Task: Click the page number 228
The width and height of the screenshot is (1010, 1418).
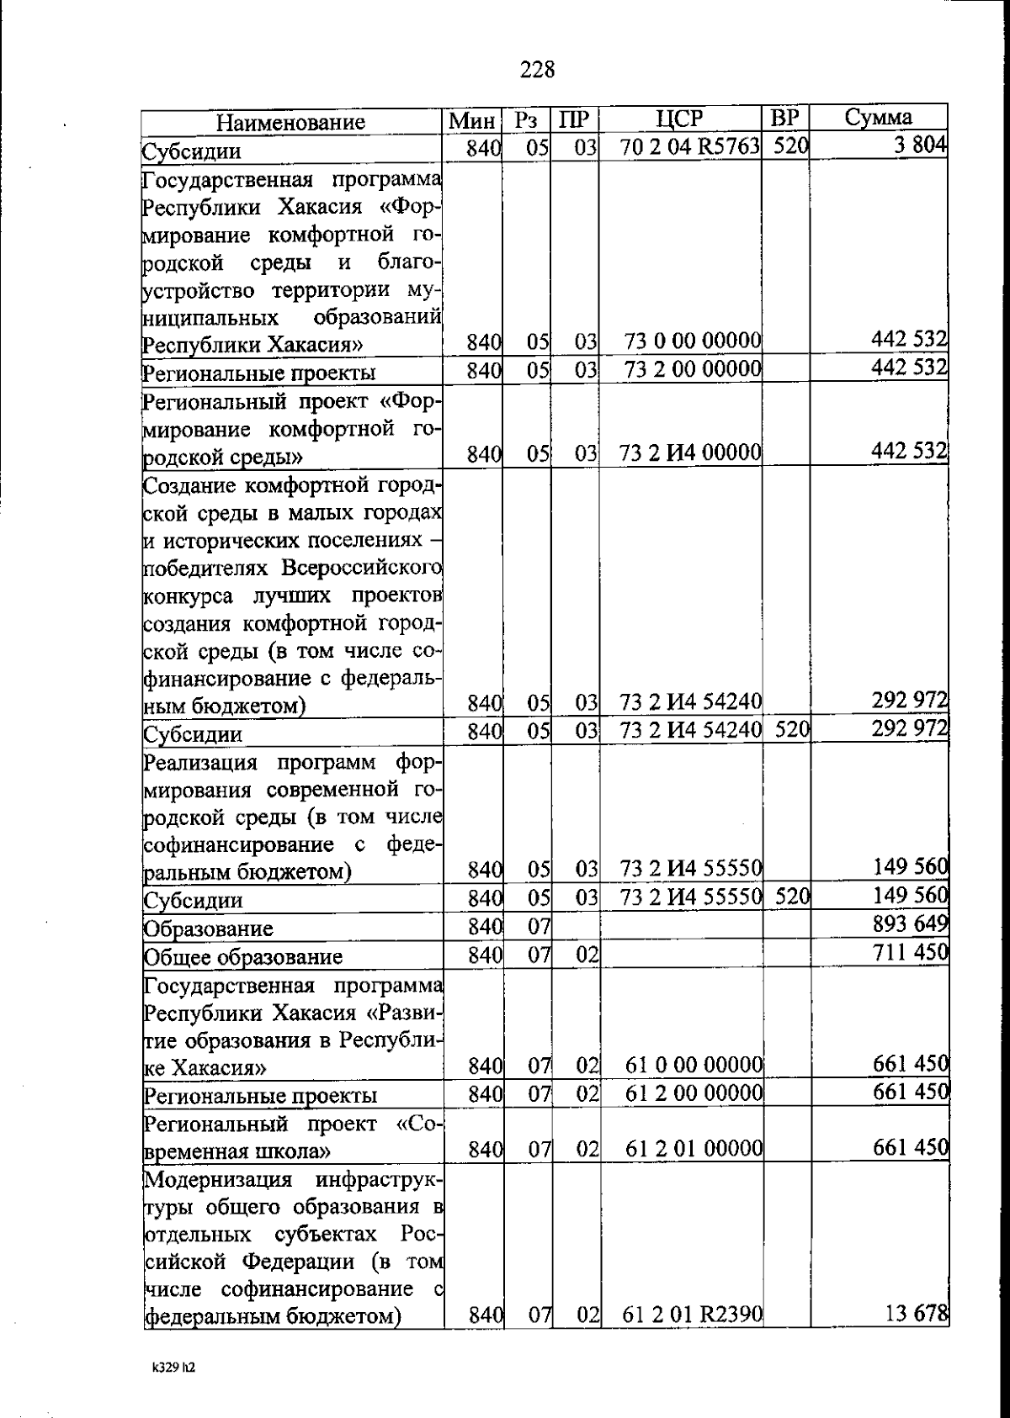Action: coord(538,69)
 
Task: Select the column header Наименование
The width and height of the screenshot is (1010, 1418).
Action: coord(290,123)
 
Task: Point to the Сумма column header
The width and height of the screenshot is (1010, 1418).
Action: coord(878,117)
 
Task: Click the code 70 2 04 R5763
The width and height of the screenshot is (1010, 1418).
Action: coord(690,147)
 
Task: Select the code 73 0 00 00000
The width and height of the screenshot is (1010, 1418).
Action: coord(694,341)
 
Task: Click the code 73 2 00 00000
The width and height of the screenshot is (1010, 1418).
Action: coord(694,369)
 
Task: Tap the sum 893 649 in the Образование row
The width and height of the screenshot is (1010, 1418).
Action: coord(911,924)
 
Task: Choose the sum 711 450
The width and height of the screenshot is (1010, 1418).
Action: coord(911,952)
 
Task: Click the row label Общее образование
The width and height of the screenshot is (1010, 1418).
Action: coord(243,957)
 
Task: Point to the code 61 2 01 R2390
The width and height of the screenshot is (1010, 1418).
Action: coord(693,1314)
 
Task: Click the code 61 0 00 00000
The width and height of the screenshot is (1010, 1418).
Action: coord(694,1066)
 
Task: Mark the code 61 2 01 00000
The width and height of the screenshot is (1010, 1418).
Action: coord(694,1148)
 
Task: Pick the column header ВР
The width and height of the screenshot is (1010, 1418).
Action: coord(784,118)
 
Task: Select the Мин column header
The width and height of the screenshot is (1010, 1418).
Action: coord(472,120)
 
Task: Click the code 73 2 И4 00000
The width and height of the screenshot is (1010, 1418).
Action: coord(690,452)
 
